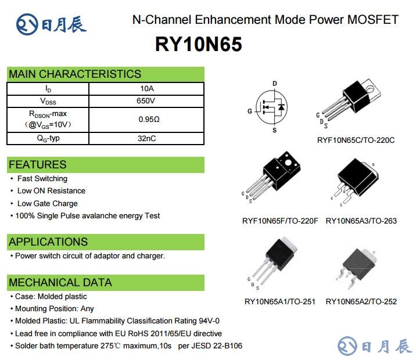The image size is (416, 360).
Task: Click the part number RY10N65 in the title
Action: tap(199, 45)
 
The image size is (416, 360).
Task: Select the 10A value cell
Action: tap(146, 89)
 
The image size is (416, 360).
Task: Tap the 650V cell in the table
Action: tap(146, 101)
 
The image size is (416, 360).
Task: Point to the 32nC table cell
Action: tap(146, 138)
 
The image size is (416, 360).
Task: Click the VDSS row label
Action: tap(48, 101)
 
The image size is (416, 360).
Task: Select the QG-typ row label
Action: tap(48, 138)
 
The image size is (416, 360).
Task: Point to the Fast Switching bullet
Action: tap(42, 179)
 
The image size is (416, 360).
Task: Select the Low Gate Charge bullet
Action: tap(47, 203)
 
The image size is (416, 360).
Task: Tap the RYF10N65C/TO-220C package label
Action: tap(356, 140)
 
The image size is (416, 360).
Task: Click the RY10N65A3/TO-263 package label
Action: tap(361, 221)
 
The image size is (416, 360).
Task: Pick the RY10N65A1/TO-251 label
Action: tap(279, 301)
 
